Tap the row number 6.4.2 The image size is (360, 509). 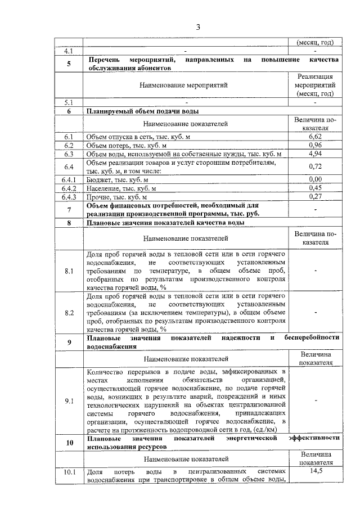[69, 188]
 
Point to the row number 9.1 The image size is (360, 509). [69, 401]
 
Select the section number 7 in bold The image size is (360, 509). [69, 210]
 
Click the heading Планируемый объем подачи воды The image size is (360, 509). [138, 111]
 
